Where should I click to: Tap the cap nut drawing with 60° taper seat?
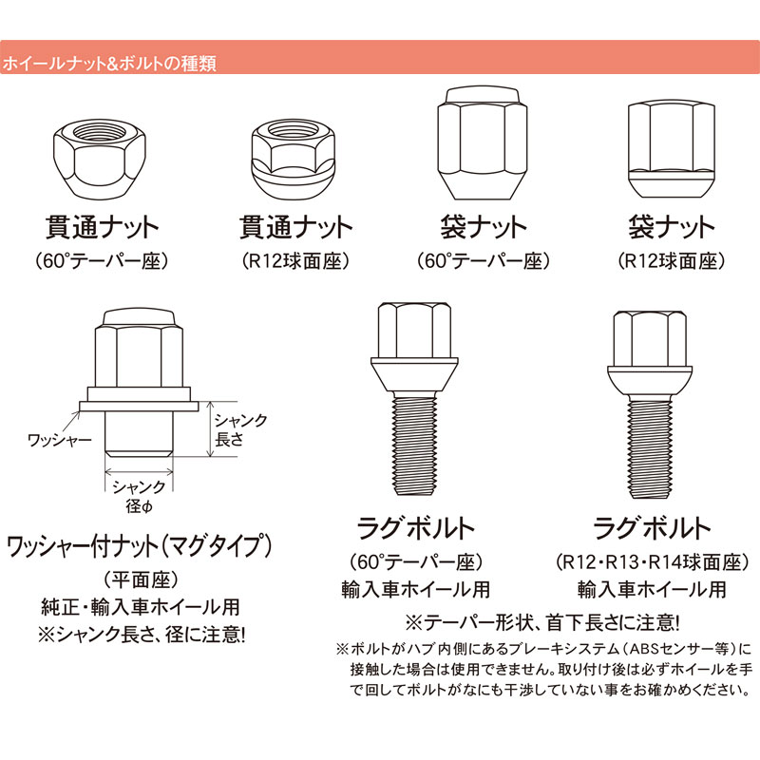[x=482, y=143]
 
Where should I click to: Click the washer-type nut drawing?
[x=139, y=385]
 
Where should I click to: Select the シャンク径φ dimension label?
[x=139, y=495]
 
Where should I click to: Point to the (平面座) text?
[x=140, y=579]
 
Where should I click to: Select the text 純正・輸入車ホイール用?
[x=140, y=605]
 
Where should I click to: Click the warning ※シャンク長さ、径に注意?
[x=140, y=631]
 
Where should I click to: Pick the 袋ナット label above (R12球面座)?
[x=671, y=228]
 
